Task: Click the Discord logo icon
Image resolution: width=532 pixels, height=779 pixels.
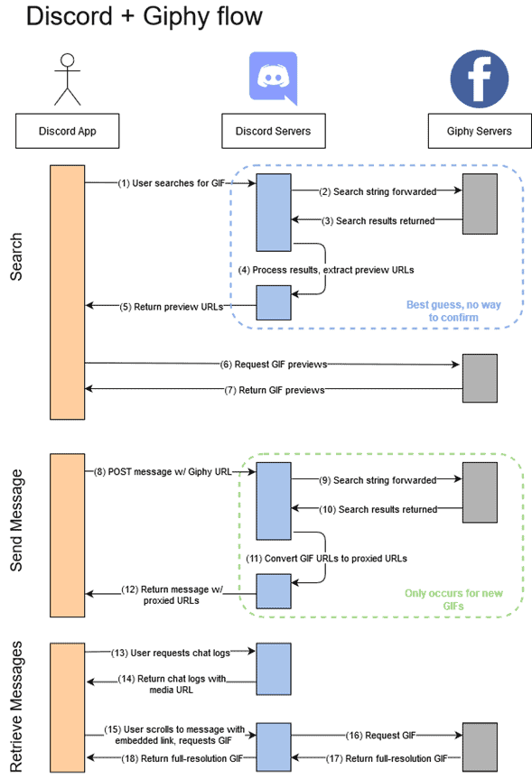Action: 273,78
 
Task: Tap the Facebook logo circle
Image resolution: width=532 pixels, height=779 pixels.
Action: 480,79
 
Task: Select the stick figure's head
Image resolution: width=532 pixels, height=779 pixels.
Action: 67,60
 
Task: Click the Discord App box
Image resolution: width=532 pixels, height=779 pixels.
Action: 67,131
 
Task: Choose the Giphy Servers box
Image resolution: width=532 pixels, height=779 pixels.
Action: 480,131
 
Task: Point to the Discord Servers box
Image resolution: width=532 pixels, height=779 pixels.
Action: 274,131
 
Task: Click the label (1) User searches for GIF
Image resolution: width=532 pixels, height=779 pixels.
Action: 171,183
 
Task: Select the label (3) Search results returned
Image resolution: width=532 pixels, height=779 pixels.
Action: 378,221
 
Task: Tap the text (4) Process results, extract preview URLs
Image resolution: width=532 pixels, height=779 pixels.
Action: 326,270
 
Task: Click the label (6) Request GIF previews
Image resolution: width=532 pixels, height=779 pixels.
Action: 274,365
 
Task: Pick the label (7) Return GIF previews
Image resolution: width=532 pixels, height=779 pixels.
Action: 275,391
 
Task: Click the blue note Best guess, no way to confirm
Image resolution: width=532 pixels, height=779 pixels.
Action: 453,311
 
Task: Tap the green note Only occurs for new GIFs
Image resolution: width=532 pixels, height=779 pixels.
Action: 453,599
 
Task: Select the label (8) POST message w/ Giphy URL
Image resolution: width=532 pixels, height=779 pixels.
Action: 163,472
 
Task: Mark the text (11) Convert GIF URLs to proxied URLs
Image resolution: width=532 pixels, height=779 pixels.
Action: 326,559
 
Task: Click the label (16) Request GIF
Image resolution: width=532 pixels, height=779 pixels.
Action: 381,736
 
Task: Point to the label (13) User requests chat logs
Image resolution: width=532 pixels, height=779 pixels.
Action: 171,654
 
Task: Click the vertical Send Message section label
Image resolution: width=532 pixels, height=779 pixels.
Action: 16,520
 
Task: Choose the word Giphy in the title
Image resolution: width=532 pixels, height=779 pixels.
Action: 171,17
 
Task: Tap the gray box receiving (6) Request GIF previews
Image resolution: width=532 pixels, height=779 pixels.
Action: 480,378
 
